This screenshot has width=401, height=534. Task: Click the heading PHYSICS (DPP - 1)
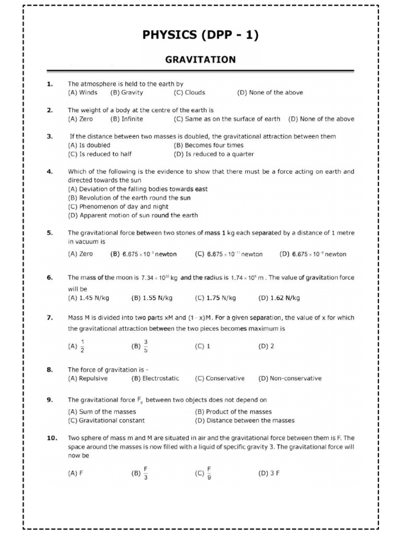pos(200,35)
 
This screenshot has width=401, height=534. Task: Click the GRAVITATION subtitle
pos(200,60)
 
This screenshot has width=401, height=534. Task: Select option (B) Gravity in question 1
pos(126,93)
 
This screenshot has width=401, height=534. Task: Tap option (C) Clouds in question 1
pos(189,93)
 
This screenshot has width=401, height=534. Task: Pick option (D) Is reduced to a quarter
pos(214,154)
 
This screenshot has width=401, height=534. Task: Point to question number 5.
pos(50,233)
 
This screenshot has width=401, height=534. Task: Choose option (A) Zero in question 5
pos(80,254)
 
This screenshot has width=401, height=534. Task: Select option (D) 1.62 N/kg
pos(279,298)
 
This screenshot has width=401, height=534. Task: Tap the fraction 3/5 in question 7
pos(146,346)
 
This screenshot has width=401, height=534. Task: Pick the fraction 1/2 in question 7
pos(82,346)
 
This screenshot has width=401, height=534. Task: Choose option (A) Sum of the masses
pos(102,412)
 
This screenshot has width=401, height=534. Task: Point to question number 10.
pos(52,438)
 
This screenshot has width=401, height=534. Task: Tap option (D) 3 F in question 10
pos(269,474)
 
